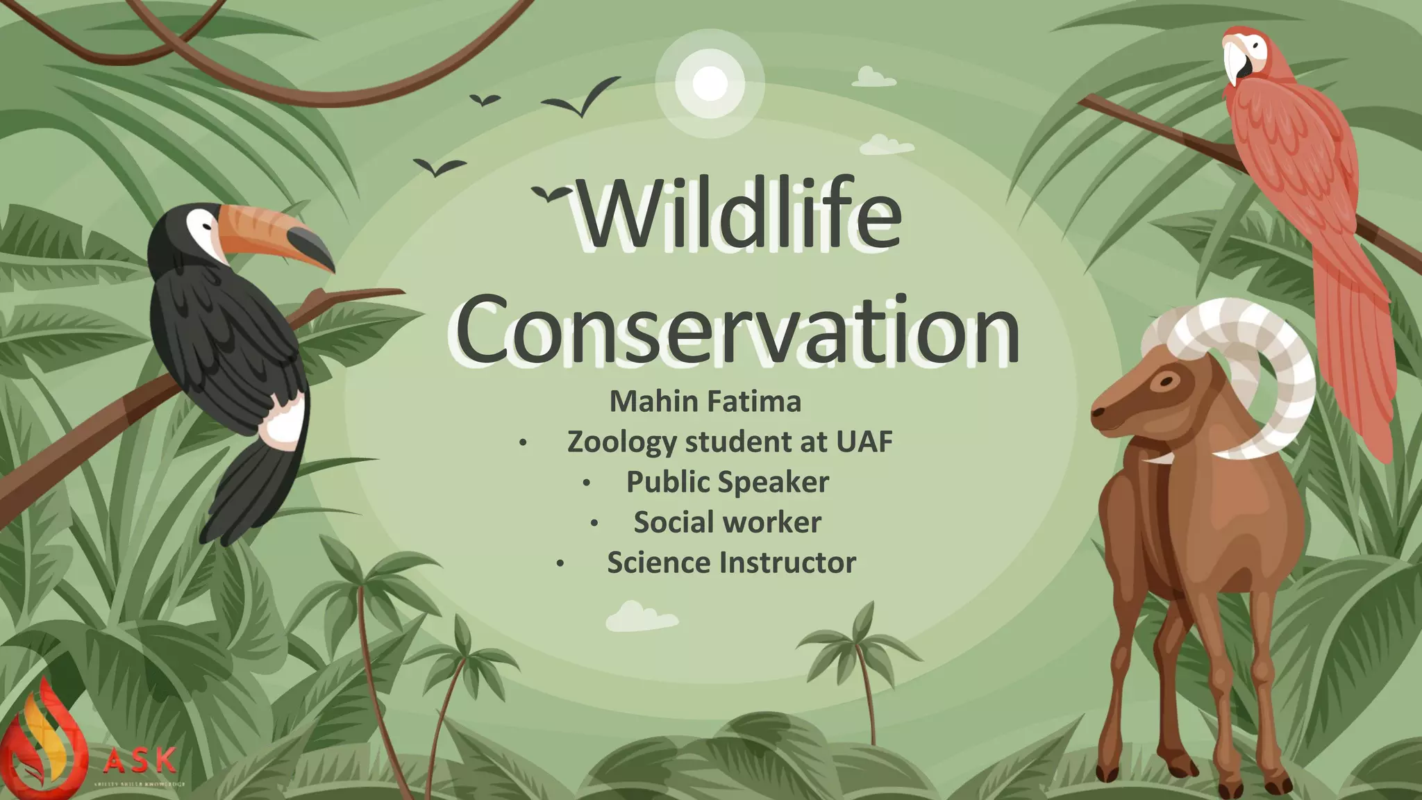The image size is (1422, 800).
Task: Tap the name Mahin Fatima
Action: (x=705, y=401)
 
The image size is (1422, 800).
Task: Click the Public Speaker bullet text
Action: (x=727, y=482)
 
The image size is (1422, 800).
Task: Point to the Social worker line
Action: (x=727, y=522)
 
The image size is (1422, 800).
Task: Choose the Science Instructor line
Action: (x=730, y=562)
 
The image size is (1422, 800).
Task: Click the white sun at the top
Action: (x=710, y=83)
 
